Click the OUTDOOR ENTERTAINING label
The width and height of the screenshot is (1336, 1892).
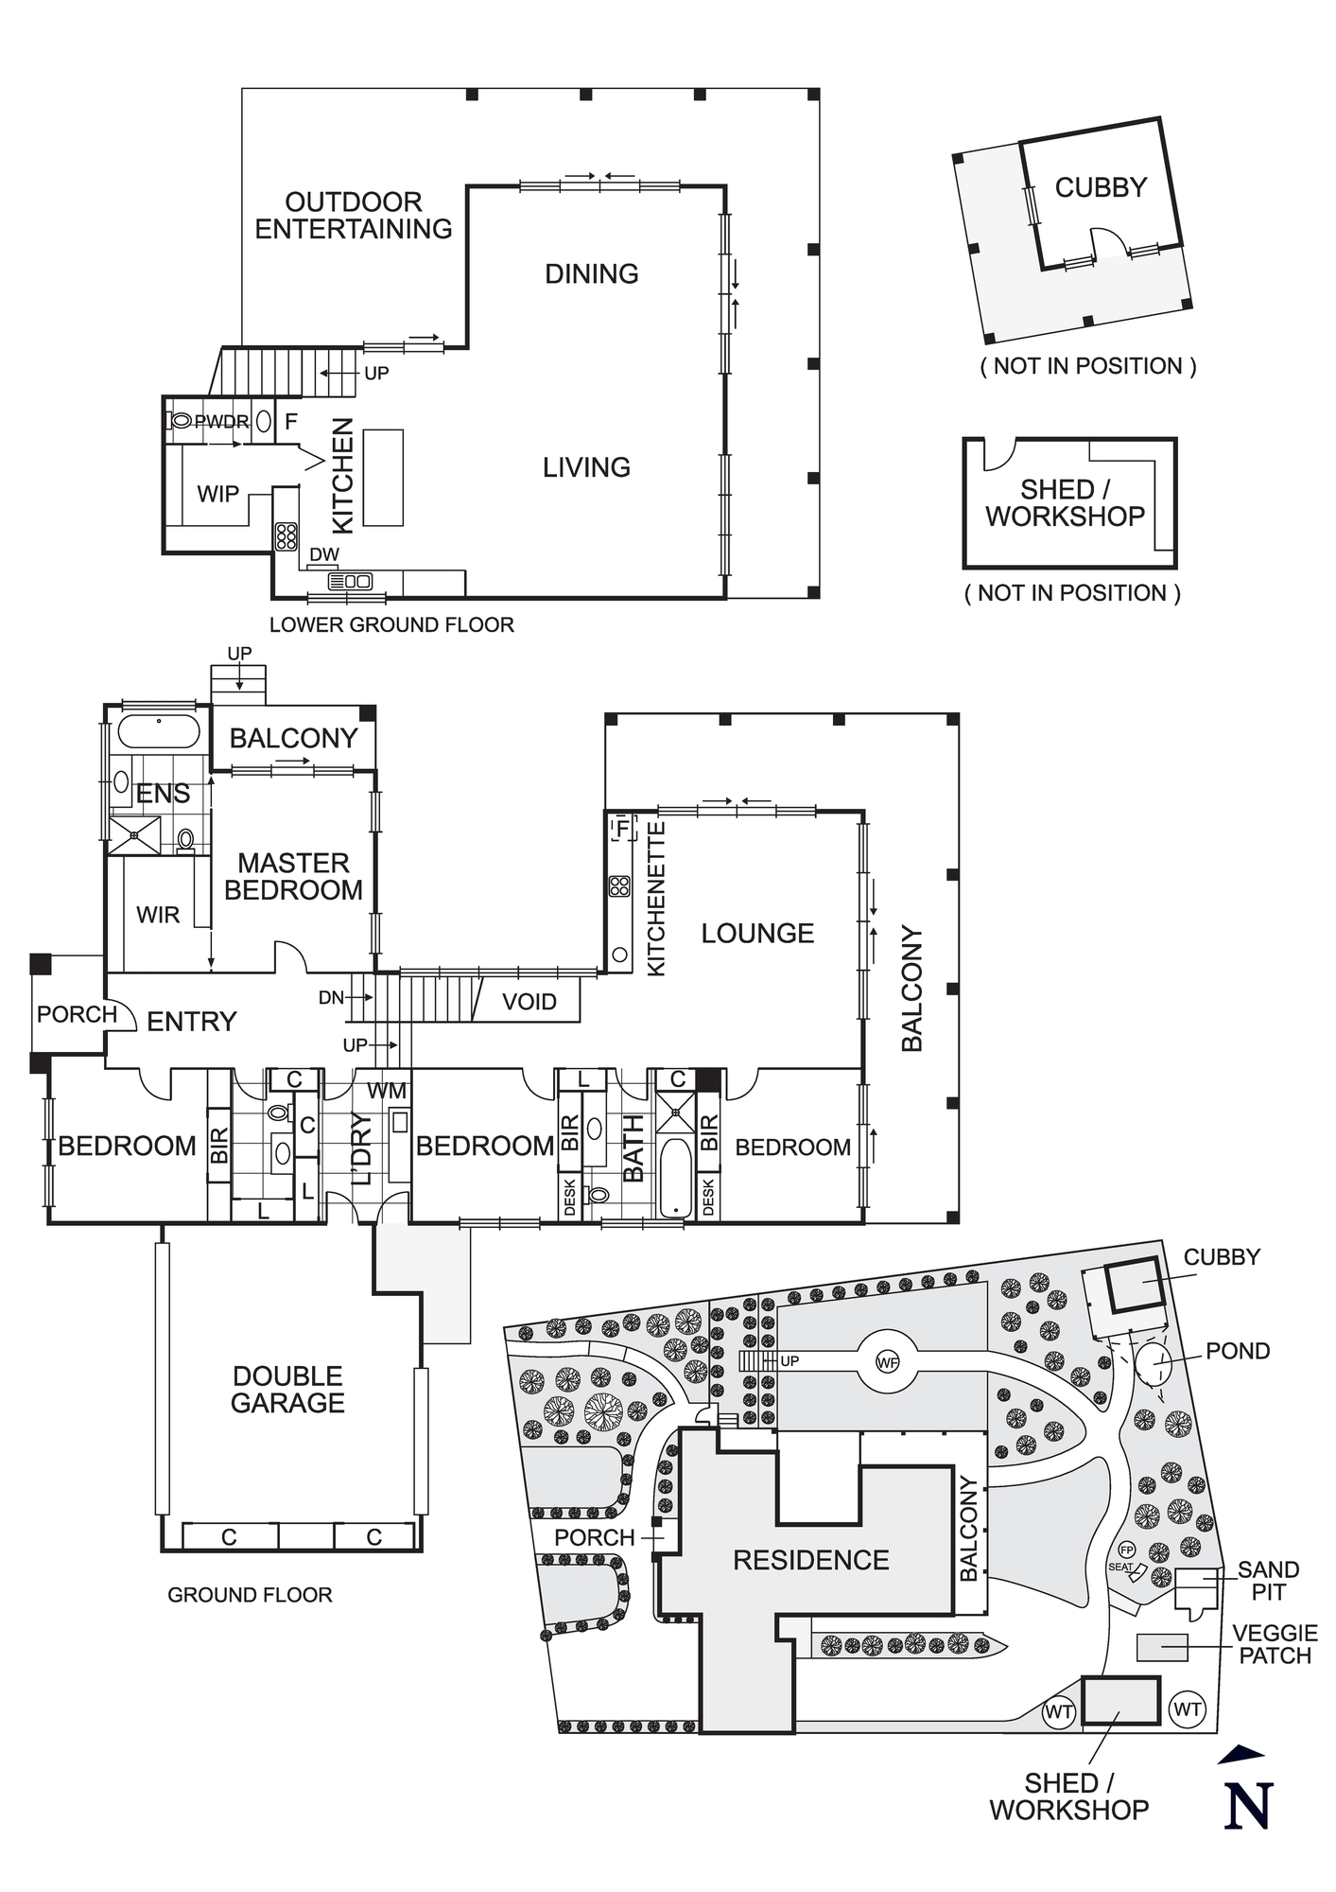click(353, 216)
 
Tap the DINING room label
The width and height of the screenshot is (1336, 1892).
click(591, 274)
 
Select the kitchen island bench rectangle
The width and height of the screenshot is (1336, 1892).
click(383, 477)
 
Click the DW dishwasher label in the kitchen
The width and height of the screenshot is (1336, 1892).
click(323, 554)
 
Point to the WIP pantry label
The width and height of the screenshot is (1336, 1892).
click(217, 494)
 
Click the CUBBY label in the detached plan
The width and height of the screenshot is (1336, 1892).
click(1101, 187)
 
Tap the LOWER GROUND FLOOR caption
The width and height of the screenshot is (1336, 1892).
click(391, 625)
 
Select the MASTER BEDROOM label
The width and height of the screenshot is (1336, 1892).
click(293, 877)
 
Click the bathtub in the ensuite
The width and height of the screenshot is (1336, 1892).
click(158, 732)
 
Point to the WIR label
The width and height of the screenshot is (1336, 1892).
click(158, 915)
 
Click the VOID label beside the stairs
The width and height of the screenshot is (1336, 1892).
click(529, 1002)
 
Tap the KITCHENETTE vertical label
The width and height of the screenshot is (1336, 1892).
click(656, 899)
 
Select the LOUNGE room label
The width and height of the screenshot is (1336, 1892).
click(757, 934)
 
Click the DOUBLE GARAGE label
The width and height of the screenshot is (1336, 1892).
click(287, 1390)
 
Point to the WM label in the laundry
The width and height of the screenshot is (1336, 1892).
click(387, 1091)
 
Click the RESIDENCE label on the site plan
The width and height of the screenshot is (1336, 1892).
click(811, 1560)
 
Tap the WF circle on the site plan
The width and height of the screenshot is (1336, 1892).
click(887, 1363)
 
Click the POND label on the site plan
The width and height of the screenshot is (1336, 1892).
click(1237, 1351)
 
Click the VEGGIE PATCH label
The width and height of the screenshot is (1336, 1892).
click(1275, 1644)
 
